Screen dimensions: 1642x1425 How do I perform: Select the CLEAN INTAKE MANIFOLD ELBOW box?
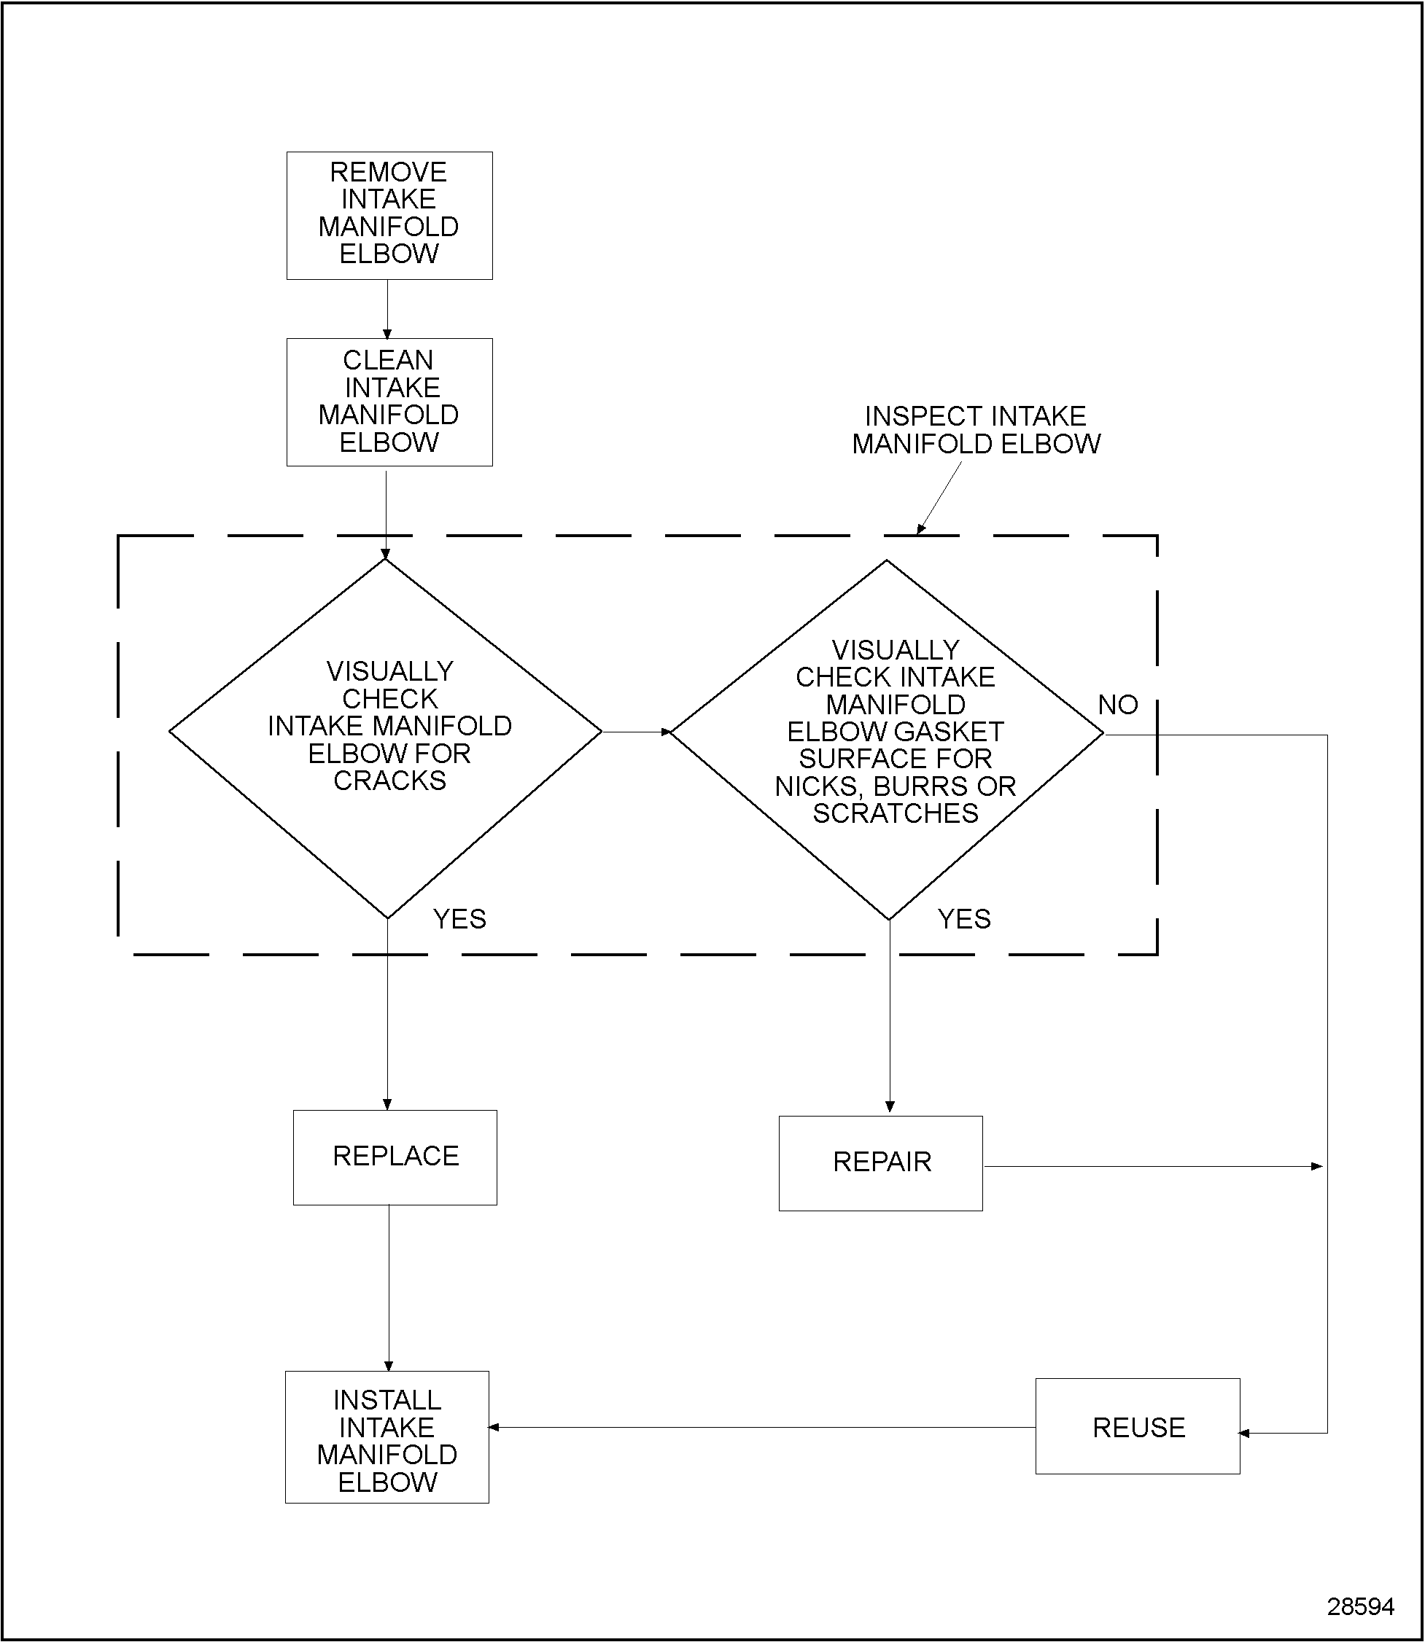point(389,402)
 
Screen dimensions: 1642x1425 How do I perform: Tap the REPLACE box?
point(395,1157)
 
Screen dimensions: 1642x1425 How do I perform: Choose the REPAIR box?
point(880,1162)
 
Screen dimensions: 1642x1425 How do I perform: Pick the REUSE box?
point(1137,1428)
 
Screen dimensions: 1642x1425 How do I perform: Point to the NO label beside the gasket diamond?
point(1117,704)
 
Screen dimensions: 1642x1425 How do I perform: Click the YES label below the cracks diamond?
point(459,919)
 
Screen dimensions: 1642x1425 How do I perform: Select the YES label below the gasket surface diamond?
point(964,919)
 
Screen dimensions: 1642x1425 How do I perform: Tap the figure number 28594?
point(1360,1606)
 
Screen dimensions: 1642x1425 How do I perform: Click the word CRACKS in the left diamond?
point(389,781)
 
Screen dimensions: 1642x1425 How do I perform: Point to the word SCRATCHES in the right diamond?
point(896,813)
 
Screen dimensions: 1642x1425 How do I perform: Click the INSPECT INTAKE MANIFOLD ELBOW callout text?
point(976,430)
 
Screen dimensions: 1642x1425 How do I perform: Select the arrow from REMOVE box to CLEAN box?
point(387,310)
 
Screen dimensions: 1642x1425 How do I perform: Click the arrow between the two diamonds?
point(636,732)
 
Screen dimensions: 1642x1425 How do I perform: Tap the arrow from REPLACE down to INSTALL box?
point(389,1288)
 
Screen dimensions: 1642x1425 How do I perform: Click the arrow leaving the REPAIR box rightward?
point(1153,1166)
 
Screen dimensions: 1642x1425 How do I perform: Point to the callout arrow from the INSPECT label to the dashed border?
point(940,498)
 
